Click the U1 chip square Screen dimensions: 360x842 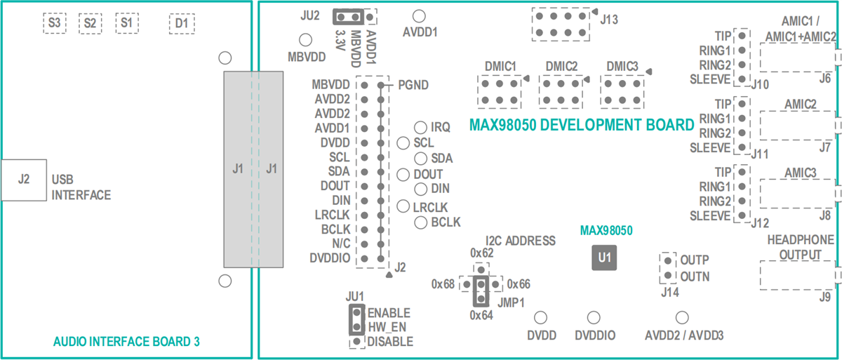604,258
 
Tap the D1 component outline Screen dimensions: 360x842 182,23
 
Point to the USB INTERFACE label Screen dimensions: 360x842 81,187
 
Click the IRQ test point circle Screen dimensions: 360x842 420,127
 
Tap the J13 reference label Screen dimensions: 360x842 609,20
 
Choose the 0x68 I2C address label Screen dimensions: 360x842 443,284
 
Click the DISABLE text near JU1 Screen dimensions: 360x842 390,342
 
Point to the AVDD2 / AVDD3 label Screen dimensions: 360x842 683,336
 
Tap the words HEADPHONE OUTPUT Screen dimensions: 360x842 801,247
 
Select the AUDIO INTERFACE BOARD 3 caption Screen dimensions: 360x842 126,342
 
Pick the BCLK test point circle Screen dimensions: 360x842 420,222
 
